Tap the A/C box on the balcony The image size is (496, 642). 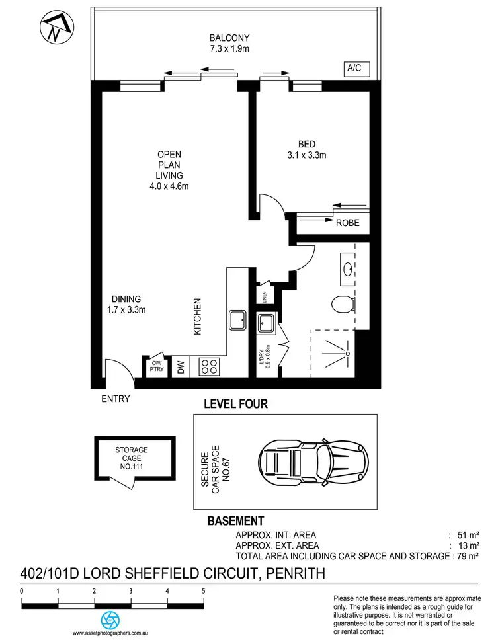coord(354,68)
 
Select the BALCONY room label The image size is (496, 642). coord(229,43)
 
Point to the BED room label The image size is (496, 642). coord(306,150)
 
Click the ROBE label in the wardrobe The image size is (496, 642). coord(347,223)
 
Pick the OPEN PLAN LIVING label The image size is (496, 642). coord(169,170)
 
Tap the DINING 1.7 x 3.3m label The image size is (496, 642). coord(126,303)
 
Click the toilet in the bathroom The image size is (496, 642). coord(341,305)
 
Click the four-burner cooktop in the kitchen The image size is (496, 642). coord(210,366)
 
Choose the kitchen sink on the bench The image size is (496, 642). coord(237,321)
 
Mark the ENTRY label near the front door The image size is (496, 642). coord(115,399)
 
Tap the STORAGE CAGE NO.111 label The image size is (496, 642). coord(132,458)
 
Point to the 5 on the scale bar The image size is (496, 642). coord(204,592)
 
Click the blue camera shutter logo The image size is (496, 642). coord(110,620)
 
